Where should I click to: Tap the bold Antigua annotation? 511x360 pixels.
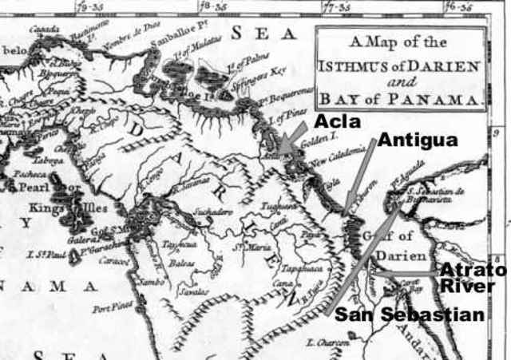pyautogui.click(x=418, y=140)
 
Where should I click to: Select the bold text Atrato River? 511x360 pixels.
pyautogui.click(x=473, y=279)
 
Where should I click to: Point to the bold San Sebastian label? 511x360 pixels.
pyautogui.click(x=409, y=315)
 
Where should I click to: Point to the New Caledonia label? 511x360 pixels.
pyautogui.click(x=339, y=156)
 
